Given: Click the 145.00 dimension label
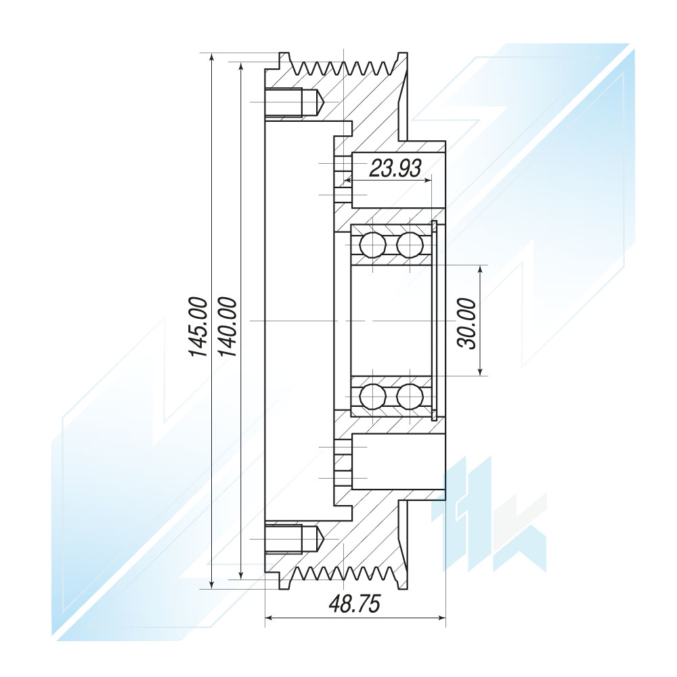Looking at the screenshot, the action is coord(198,327).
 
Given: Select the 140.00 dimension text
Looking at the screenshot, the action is coord(227,327).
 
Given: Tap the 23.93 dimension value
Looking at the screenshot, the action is coord(395,168).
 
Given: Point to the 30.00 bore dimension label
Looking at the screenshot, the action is coord(467,324).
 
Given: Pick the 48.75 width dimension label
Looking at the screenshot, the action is coord(355,604).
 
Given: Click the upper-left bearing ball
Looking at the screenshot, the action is coord(372,245).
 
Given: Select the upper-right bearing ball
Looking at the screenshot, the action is coord(410,245).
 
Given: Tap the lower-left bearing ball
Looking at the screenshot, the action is coord(372,396).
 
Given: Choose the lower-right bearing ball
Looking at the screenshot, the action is coord(410,396).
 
